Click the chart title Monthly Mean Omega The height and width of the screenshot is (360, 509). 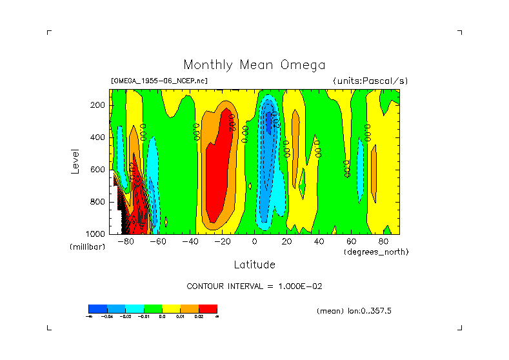tap(254, 65)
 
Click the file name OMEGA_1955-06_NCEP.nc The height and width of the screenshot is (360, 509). tap(159, 81)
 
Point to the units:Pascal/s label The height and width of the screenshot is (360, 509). tap(370, 81)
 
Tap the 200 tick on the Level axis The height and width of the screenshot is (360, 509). tap(98, 105)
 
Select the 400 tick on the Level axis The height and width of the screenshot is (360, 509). tap(98, 137)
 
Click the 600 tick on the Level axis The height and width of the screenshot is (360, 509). tap(98, 170)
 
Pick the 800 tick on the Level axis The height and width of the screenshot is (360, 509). tap(98, 202)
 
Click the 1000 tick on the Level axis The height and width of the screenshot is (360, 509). tap(96, 234)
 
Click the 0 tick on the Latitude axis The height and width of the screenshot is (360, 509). tap(255, 242)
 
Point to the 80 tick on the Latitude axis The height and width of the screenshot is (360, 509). tap(383, 242)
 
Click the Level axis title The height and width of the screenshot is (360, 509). tap(76, 161)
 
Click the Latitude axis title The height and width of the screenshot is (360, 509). tap(254, 265)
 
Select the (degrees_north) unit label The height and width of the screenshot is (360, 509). tap(376, 252)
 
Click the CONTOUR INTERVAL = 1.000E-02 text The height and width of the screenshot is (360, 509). tap(254, 286)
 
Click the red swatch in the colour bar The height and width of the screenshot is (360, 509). tap(208, 308)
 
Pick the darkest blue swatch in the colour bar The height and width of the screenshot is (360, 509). tap(97, 308)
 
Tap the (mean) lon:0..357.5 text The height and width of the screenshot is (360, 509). tap(354, 311)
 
